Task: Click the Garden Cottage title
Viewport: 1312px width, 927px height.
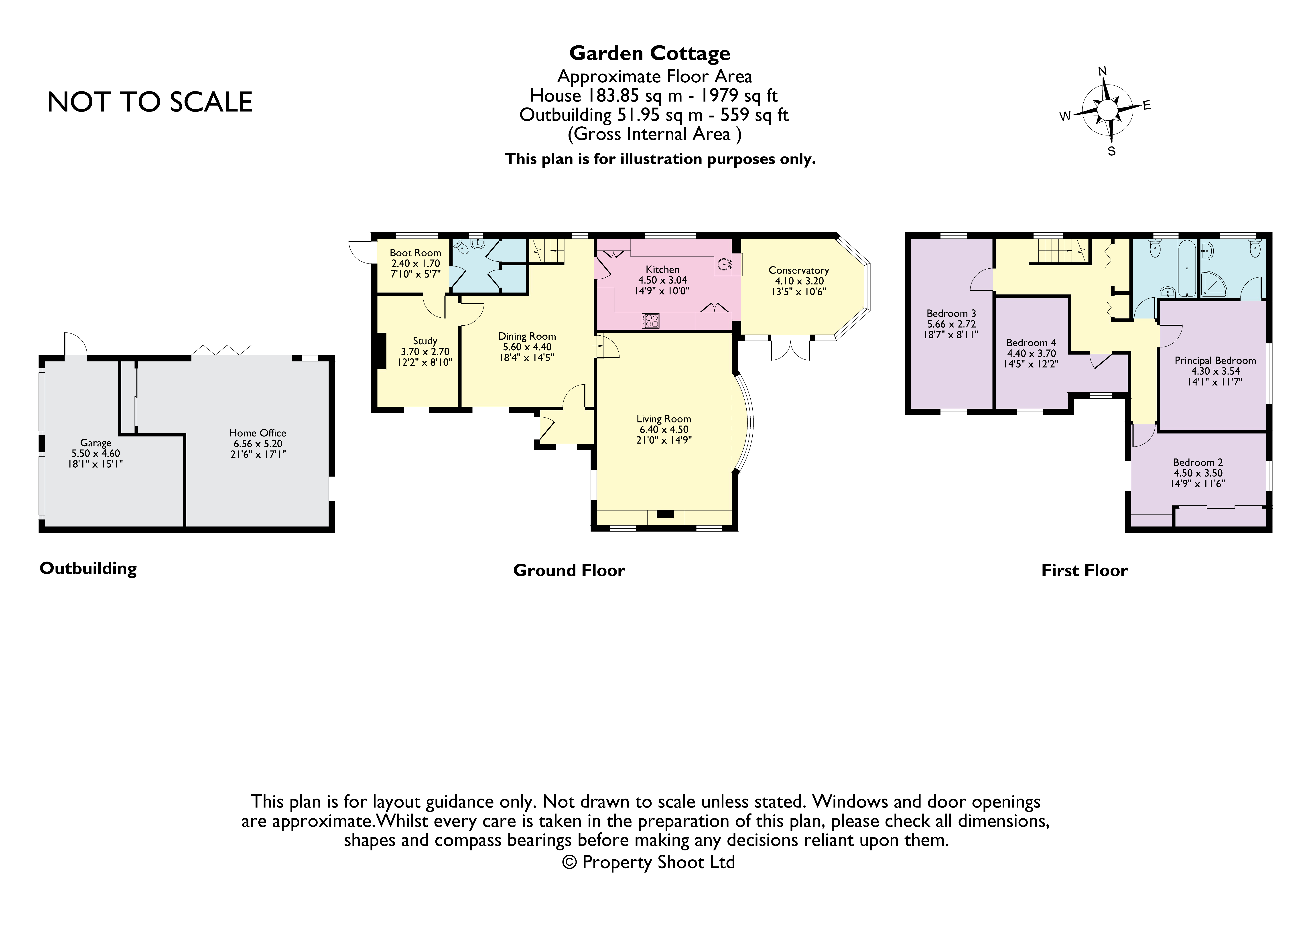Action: [650, 53]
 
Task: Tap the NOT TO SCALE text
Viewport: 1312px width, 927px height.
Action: [150, 102]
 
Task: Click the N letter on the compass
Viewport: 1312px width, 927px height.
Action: [1102, 71]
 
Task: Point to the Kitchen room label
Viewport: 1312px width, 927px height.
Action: [662, 269]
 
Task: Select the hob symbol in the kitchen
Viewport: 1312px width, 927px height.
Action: [651, 321]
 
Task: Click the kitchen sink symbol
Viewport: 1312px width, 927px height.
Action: [725, 264]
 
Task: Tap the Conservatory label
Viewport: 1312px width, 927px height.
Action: [798, 270]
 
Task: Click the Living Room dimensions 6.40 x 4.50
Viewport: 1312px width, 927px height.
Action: [663, 430]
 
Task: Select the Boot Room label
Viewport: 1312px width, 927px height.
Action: [415, 253]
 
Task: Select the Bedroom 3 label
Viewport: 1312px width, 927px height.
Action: [951, 313]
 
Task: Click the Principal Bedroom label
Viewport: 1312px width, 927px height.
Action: [1215, 361]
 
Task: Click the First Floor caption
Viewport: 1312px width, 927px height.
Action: [1084, 570]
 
